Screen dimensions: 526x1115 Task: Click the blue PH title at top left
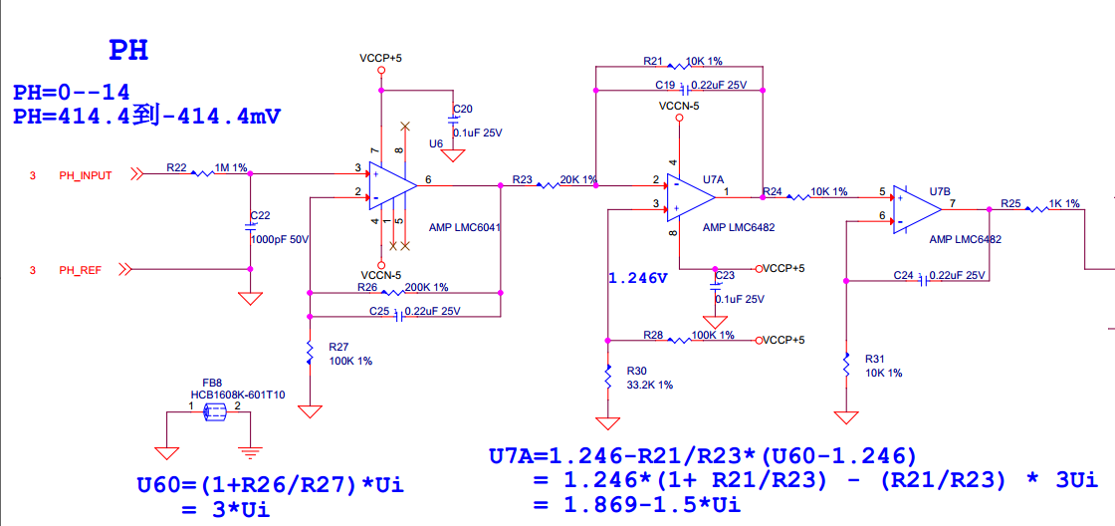(x=128, y=50)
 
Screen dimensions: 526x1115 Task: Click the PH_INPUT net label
(x=85, y=175)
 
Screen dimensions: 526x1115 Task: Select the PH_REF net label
(x=81, y=270)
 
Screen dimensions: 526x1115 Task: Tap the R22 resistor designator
(x=176, y=167)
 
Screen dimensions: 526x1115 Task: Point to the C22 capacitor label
(x=260, y=215)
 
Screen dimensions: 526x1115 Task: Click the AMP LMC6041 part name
(x=464, y=227)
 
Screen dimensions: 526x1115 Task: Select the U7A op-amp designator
(x=712, y=179)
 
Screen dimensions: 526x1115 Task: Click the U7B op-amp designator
(x=940, y=191)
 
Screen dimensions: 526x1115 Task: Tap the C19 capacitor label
(x=665, y=85)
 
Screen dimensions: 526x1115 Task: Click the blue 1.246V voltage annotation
(x=638, y=278)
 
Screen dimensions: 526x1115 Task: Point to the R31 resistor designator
(x=875, y=358)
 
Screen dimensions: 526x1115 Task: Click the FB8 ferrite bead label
(x=212, y=383)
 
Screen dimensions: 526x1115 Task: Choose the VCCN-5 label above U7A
(x=680, y=105)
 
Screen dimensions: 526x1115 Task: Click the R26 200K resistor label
(x=367, y=287)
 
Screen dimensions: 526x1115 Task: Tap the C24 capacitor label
(x=903, y=275)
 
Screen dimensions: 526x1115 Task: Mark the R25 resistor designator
(x=1011, y=203)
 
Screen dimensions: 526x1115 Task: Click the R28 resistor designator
(x=653, y=335)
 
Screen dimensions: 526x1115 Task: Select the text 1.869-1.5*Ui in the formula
(x=637, y=505)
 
